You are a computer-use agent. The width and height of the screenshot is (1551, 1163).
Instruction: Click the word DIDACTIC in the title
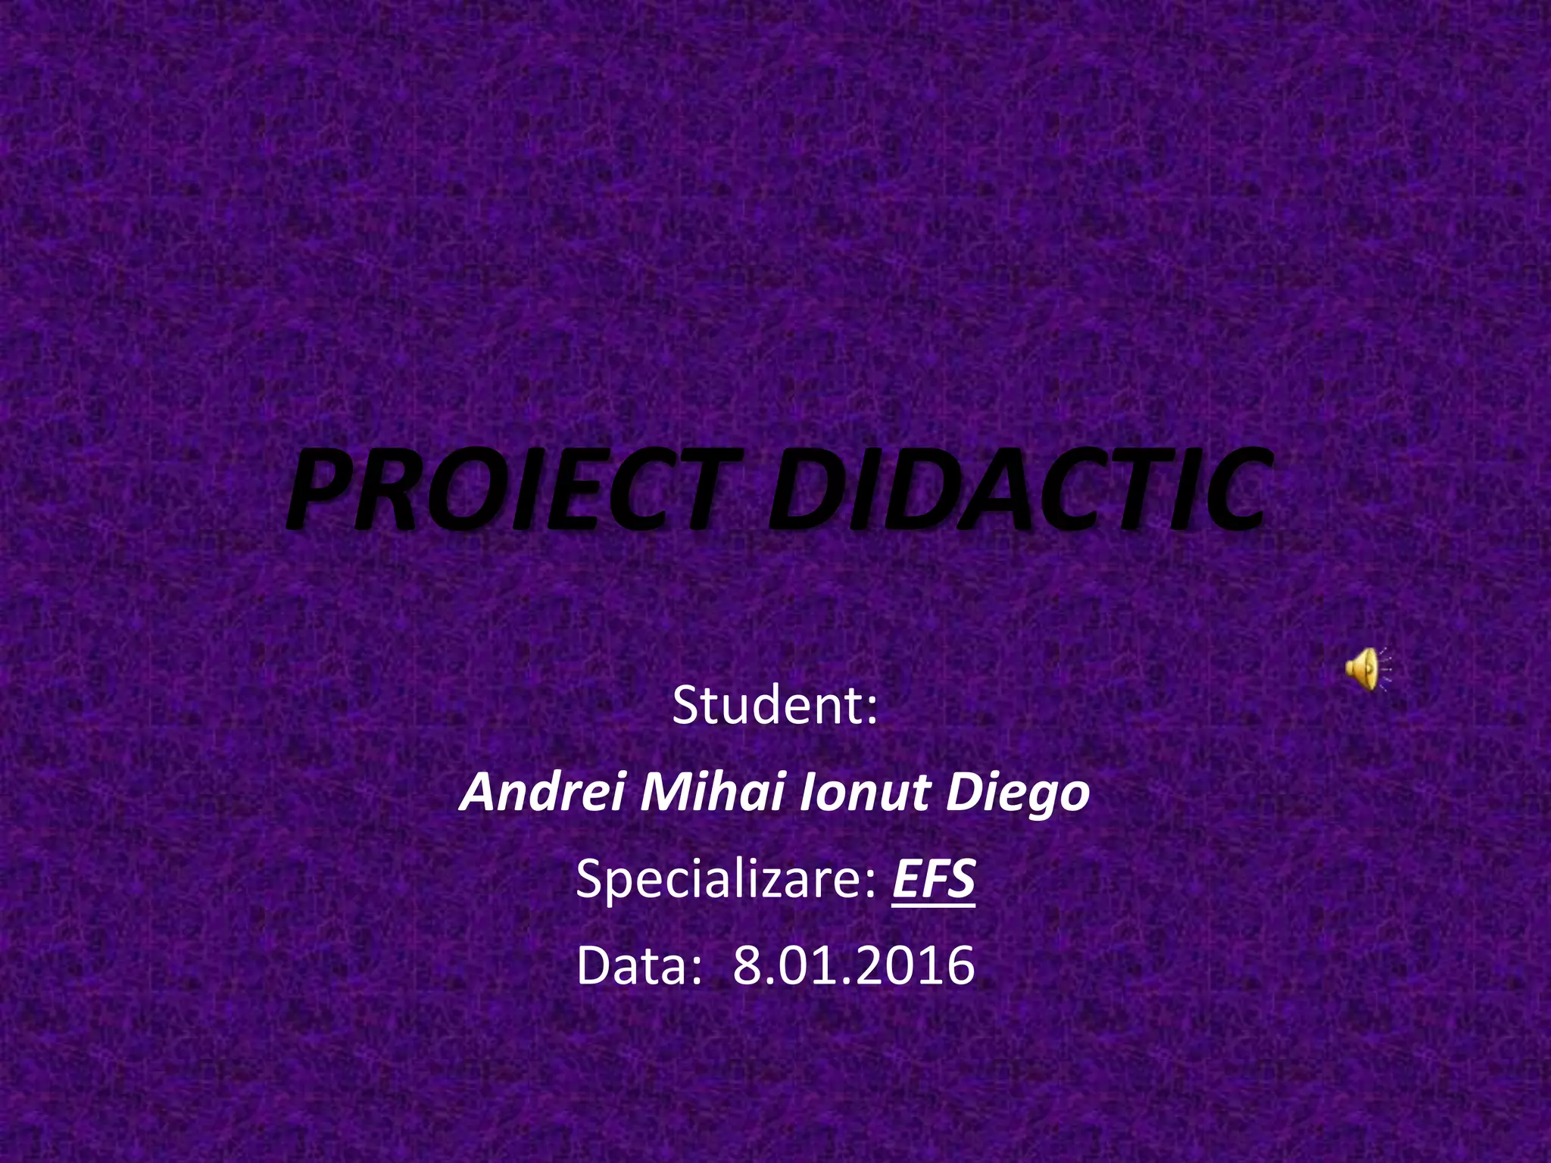point(1015,489)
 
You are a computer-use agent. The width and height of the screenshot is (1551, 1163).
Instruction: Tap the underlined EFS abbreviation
point(933,880)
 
